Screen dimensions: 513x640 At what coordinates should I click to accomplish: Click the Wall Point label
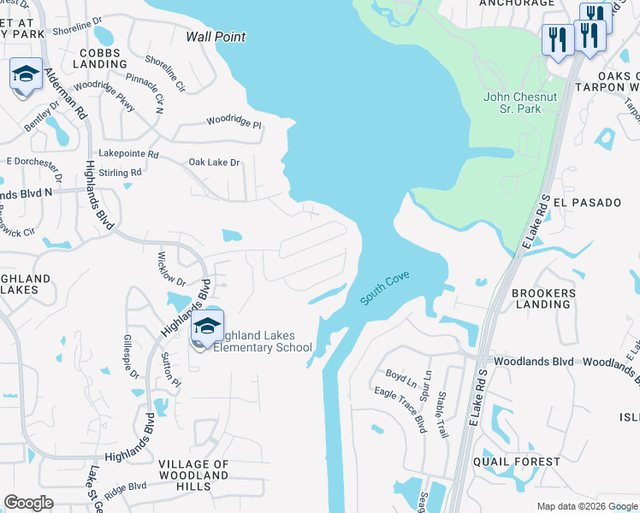click(216, 37)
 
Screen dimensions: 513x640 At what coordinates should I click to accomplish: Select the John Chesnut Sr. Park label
click(520, 103)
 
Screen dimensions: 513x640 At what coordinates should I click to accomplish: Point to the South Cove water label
click(384, 287)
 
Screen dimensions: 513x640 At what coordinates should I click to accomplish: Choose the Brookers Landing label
click(543, 298)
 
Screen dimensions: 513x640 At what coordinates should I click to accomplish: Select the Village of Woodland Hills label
click(193, 475)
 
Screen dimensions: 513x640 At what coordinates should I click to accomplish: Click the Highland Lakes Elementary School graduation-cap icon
click(206, 327)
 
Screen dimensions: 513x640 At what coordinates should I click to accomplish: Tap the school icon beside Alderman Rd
click(27, 74)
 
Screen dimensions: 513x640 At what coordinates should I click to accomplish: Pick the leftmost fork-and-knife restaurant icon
click(557, 39)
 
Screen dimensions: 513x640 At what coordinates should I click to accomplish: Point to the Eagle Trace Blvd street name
click(400, 410)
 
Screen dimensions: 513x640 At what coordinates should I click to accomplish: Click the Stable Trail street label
click(441, 415)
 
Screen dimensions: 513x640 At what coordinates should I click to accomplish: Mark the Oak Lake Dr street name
click(214, 162)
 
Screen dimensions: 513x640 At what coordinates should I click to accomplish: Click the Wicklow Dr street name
click(172, 268)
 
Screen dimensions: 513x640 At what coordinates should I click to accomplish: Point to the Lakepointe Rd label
click(129, 155)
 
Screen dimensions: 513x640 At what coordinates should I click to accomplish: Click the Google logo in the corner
click(29, 503)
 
